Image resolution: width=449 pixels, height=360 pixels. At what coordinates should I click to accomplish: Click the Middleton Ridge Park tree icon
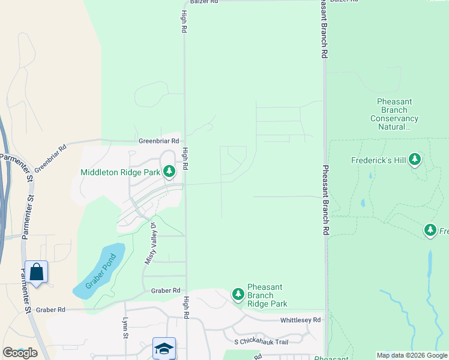point(169,172)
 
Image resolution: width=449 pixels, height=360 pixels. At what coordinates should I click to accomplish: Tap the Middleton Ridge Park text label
point(120,172)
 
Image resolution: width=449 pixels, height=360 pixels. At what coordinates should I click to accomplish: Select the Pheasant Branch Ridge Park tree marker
point(238,294)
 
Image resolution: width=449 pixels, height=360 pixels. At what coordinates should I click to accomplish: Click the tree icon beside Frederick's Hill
point(415,160)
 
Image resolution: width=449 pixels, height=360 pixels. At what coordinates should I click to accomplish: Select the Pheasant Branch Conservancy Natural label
point(394,114)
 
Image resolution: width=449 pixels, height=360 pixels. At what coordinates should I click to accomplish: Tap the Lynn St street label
point(126,327)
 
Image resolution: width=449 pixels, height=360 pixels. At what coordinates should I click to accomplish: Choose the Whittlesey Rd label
point(300,320)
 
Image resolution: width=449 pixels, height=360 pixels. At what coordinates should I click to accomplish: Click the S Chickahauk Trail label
point(261,342)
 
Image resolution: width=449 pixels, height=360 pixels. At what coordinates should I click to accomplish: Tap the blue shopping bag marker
point(36,272)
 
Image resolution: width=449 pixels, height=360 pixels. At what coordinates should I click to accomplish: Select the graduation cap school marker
point(164,348)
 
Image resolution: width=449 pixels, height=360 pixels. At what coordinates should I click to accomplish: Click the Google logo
point(20,352)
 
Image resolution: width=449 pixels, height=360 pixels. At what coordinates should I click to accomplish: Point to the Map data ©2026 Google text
point(411,355)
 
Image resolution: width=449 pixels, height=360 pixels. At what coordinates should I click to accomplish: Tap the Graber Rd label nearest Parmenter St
point(50,310)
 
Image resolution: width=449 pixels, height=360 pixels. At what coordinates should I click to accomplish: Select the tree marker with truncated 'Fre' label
point(430,230)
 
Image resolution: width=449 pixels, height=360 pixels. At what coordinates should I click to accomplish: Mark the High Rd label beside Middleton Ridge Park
point(185,159)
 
